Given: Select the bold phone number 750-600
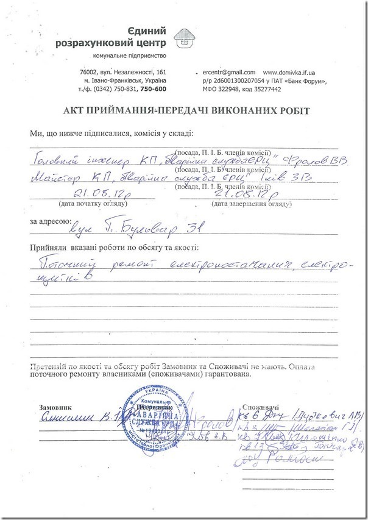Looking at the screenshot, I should (x=153, y=89).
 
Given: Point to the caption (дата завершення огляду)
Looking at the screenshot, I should (x=242, y=203).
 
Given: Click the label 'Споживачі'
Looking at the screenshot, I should (x=261, y=405).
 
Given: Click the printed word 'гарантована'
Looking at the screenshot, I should (x=221, y=377).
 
